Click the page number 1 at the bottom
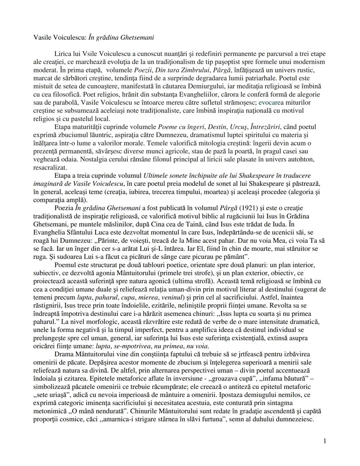click(324, 441)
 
